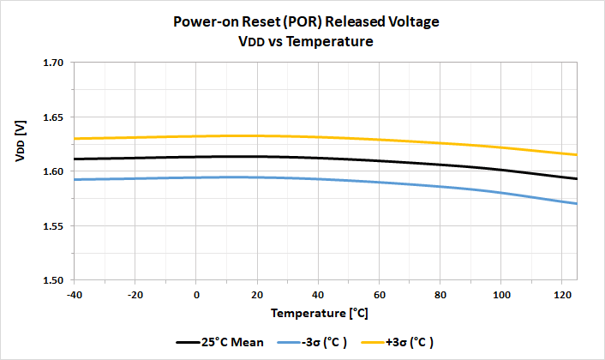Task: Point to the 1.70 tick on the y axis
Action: pyautogui.click(x=54, y=63)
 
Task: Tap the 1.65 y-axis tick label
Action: pyautogui.click(x=54, y=117)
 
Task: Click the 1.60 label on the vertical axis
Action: pyautogui.click(x=54, y=171)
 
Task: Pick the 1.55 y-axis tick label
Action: pyautogui.click(x=54, y=226)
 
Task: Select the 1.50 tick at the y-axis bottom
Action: pyautogui.click(x=54, y=280)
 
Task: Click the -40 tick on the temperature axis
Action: pyautogui.click(x=74, y=293)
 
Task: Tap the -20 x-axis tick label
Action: pyautogui.click(x=135, y=293)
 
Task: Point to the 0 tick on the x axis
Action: pyautogui.click(x=196, y=293)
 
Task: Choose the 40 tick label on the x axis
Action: pyautogui.click(x=319, y=293)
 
